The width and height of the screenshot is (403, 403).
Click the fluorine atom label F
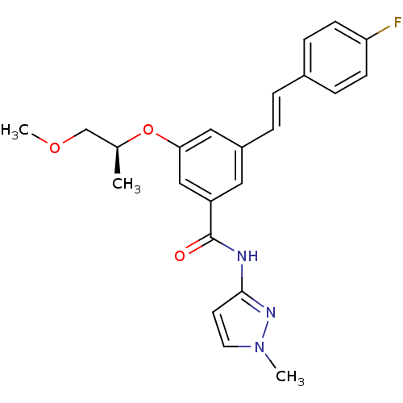(x=397, y=22)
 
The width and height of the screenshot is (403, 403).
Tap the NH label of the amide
(x=247, y=256)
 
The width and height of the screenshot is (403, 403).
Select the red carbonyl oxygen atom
(x=180, y=256)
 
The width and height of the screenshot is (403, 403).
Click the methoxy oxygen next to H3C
(x=55, y=147)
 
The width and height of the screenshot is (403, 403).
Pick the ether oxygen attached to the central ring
(x=148, y=130)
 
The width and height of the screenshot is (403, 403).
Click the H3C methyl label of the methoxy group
(x=15, y=131)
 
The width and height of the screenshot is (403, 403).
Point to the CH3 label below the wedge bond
(x=127, y=185)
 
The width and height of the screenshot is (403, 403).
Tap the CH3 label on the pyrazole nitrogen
(x=290, y=377)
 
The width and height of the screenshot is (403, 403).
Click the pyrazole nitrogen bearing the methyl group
(x=260, y=347)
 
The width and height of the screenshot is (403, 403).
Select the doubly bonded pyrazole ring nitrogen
(x=271, y=313)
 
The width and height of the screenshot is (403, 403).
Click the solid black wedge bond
(x=117, y=160)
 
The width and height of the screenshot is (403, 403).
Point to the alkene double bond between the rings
(x=276, y=111)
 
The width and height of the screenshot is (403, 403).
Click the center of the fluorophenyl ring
(x=335, y=57)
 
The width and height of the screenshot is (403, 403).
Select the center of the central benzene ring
(x=211, y=165)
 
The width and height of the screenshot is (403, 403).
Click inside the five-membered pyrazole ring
(x=240, y=324)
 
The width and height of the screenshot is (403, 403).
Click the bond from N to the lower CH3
(x=271, y=360)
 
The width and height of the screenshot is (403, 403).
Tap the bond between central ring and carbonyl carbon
(x=211, y=219)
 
